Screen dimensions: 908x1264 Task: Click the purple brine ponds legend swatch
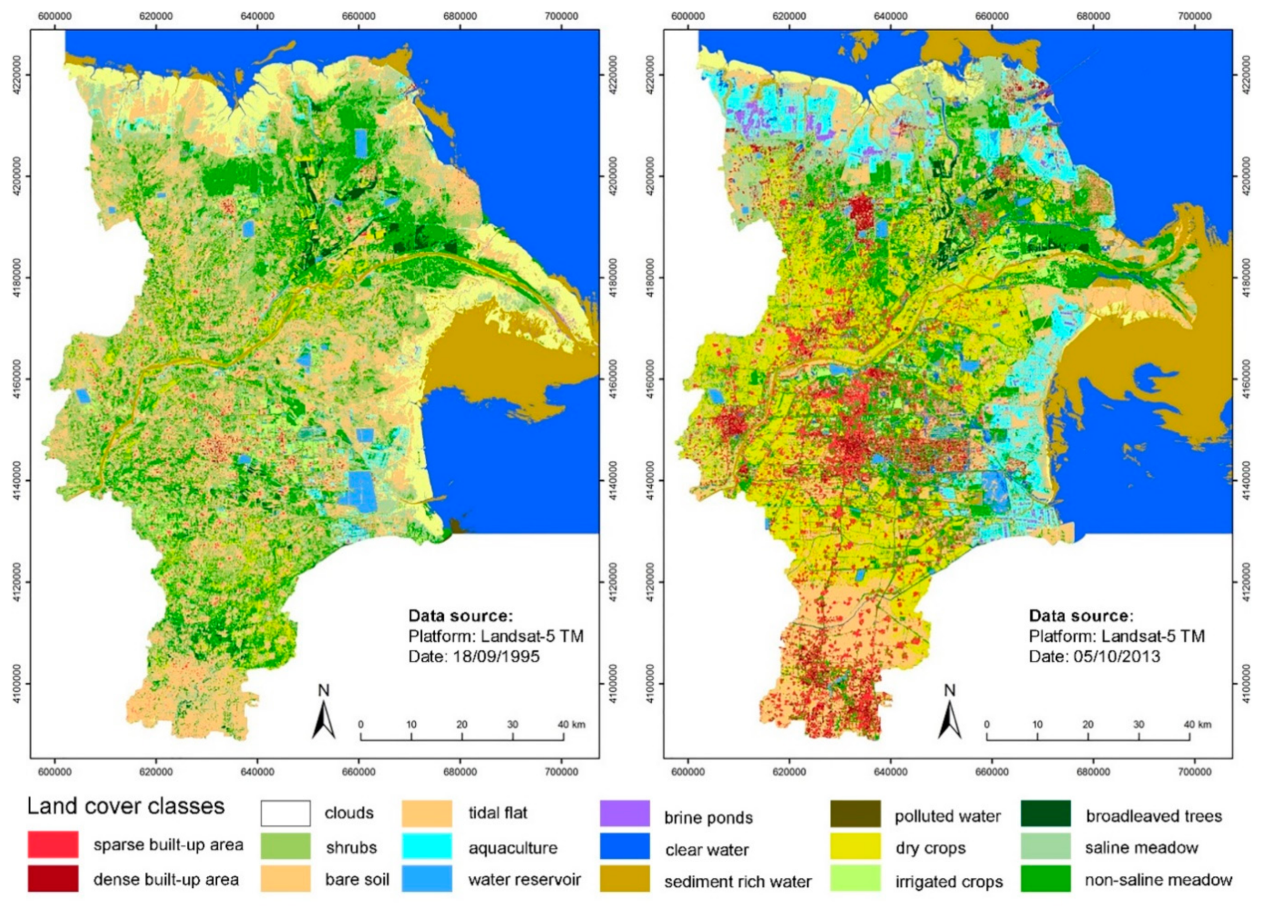click(x=624, y=813)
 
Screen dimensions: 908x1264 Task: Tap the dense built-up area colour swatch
click(x=53, y=878)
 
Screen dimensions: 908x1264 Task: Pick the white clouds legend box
click(x=285, y=813)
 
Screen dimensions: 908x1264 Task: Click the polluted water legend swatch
click(x=855, y=813)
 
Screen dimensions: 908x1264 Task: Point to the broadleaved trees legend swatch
click(x=1046, y=813)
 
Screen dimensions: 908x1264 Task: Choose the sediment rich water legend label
click(x=737, y=882)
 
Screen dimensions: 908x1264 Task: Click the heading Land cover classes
click(x=126, y=806)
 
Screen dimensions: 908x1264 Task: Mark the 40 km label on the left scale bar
click(x=571, y=724)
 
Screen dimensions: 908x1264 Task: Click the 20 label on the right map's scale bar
click(x=1088, y=724)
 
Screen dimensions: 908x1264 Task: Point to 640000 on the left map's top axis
click(x=257, y=16)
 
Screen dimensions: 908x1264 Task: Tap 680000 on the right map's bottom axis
click(x=1093, y=772)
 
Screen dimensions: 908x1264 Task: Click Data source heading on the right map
click(x=1080, y=616)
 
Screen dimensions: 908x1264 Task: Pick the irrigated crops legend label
click(x=949, y=882)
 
